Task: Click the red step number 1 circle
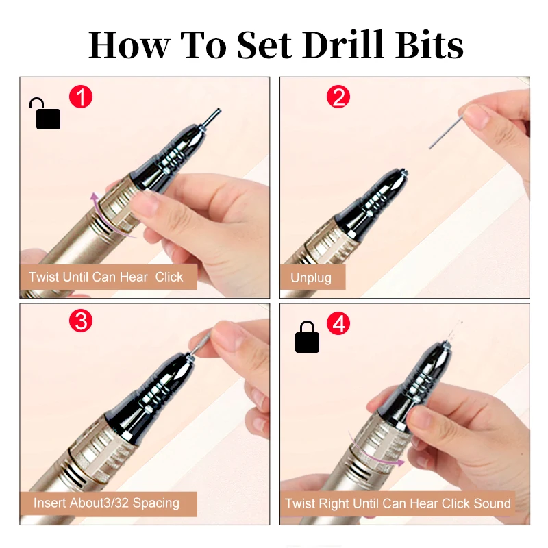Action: pyautogui.click(x=81, y=97)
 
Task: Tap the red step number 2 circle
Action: pyautogui.click(x=338, y=97)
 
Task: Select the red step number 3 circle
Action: pyautogui.click(x=81, y=321)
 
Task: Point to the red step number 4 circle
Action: pyautogui.click(x=338, y=323)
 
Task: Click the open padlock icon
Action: pyautogui.click(x=45, y=114)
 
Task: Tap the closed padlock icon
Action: pyautogui.click(x=307, y=337)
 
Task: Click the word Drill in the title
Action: pyautogui.click(x=344, y=45)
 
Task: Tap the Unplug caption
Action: pyautogui.click(x=311, y=277)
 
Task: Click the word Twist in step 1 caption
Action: pyautogui.click(x=44, y=277)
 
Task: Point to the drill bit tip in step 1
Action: pyautogui.click(x=219, y=110)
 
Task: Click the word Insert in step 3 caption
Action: pyautogui.click(x=50, y=503)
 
